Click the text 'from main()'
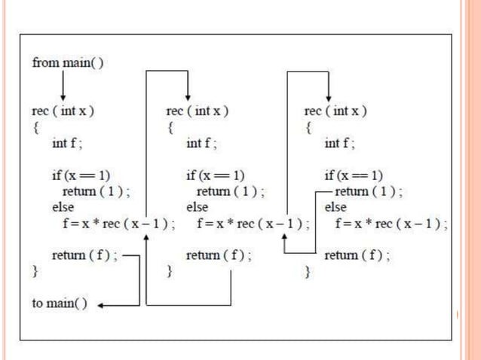click(67, 63)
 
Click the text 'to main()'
click(59, 304)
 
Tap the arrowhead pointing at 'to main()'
click(102, 305)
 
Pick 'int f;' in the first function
click(67, 143)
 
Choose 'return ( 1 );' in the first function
click(94, 191)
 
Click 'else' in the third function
click(335, 206)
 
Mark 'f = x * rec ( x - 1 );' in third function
click(391, 224)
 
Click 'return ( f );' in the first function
click(84, 255)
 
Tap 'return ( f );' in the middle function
click(219, 255)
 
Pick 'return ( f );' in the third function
click(357, 255)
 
